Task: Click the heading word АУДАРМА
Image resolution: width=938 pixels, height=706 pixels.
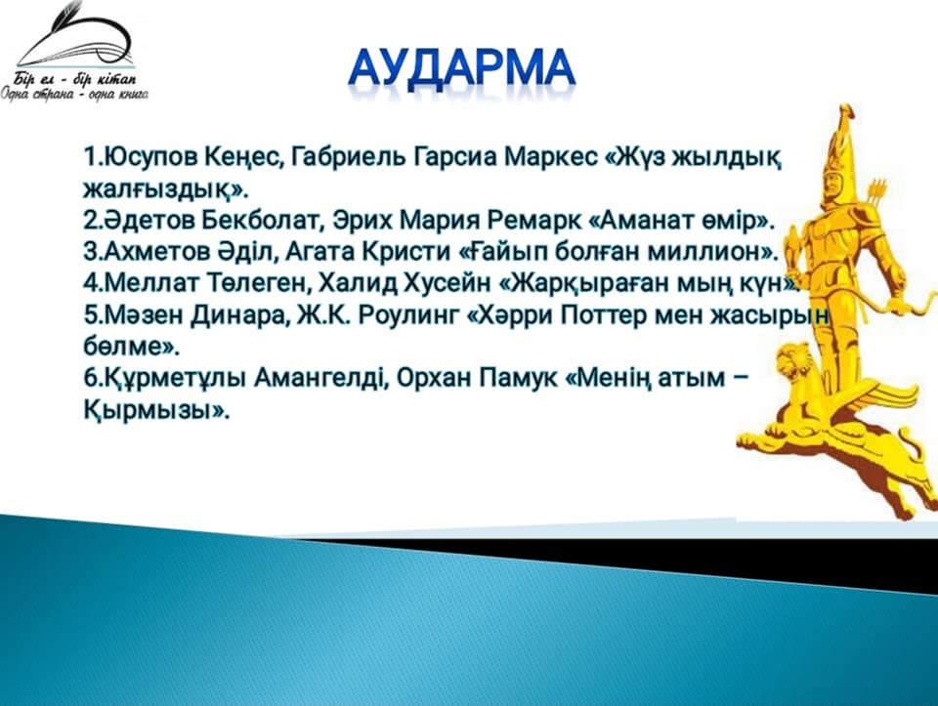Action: [462, 70]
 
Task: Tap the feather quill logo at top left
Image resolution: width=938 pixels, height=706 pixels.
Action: [76, 35]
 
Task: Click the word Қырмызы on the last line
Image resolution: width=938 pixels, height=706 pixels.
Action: [149, 411]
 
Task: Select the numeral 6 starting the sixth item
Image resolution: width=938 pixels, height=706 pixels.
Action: [90, 379]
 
